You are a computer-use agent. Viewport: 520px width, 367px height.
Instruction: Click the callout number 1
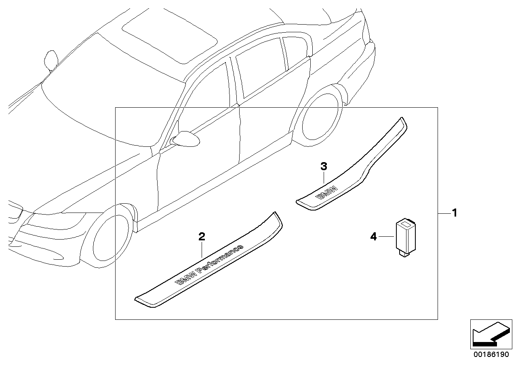pos(454,213)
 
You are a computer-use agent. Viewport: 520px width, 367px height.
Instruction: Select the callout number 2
pos(202,237)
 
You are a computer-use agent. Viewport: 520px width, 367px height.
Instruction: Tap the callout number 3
pos(324,166)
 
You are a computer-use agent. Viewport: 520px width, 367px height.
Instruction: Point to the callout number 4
pos(373,236)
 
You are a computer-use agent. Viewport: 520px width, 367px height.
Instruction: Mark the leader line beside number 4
pos(385,236)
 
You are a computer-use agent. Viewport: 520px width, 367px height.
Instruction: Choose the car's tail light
pos(366,32)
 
